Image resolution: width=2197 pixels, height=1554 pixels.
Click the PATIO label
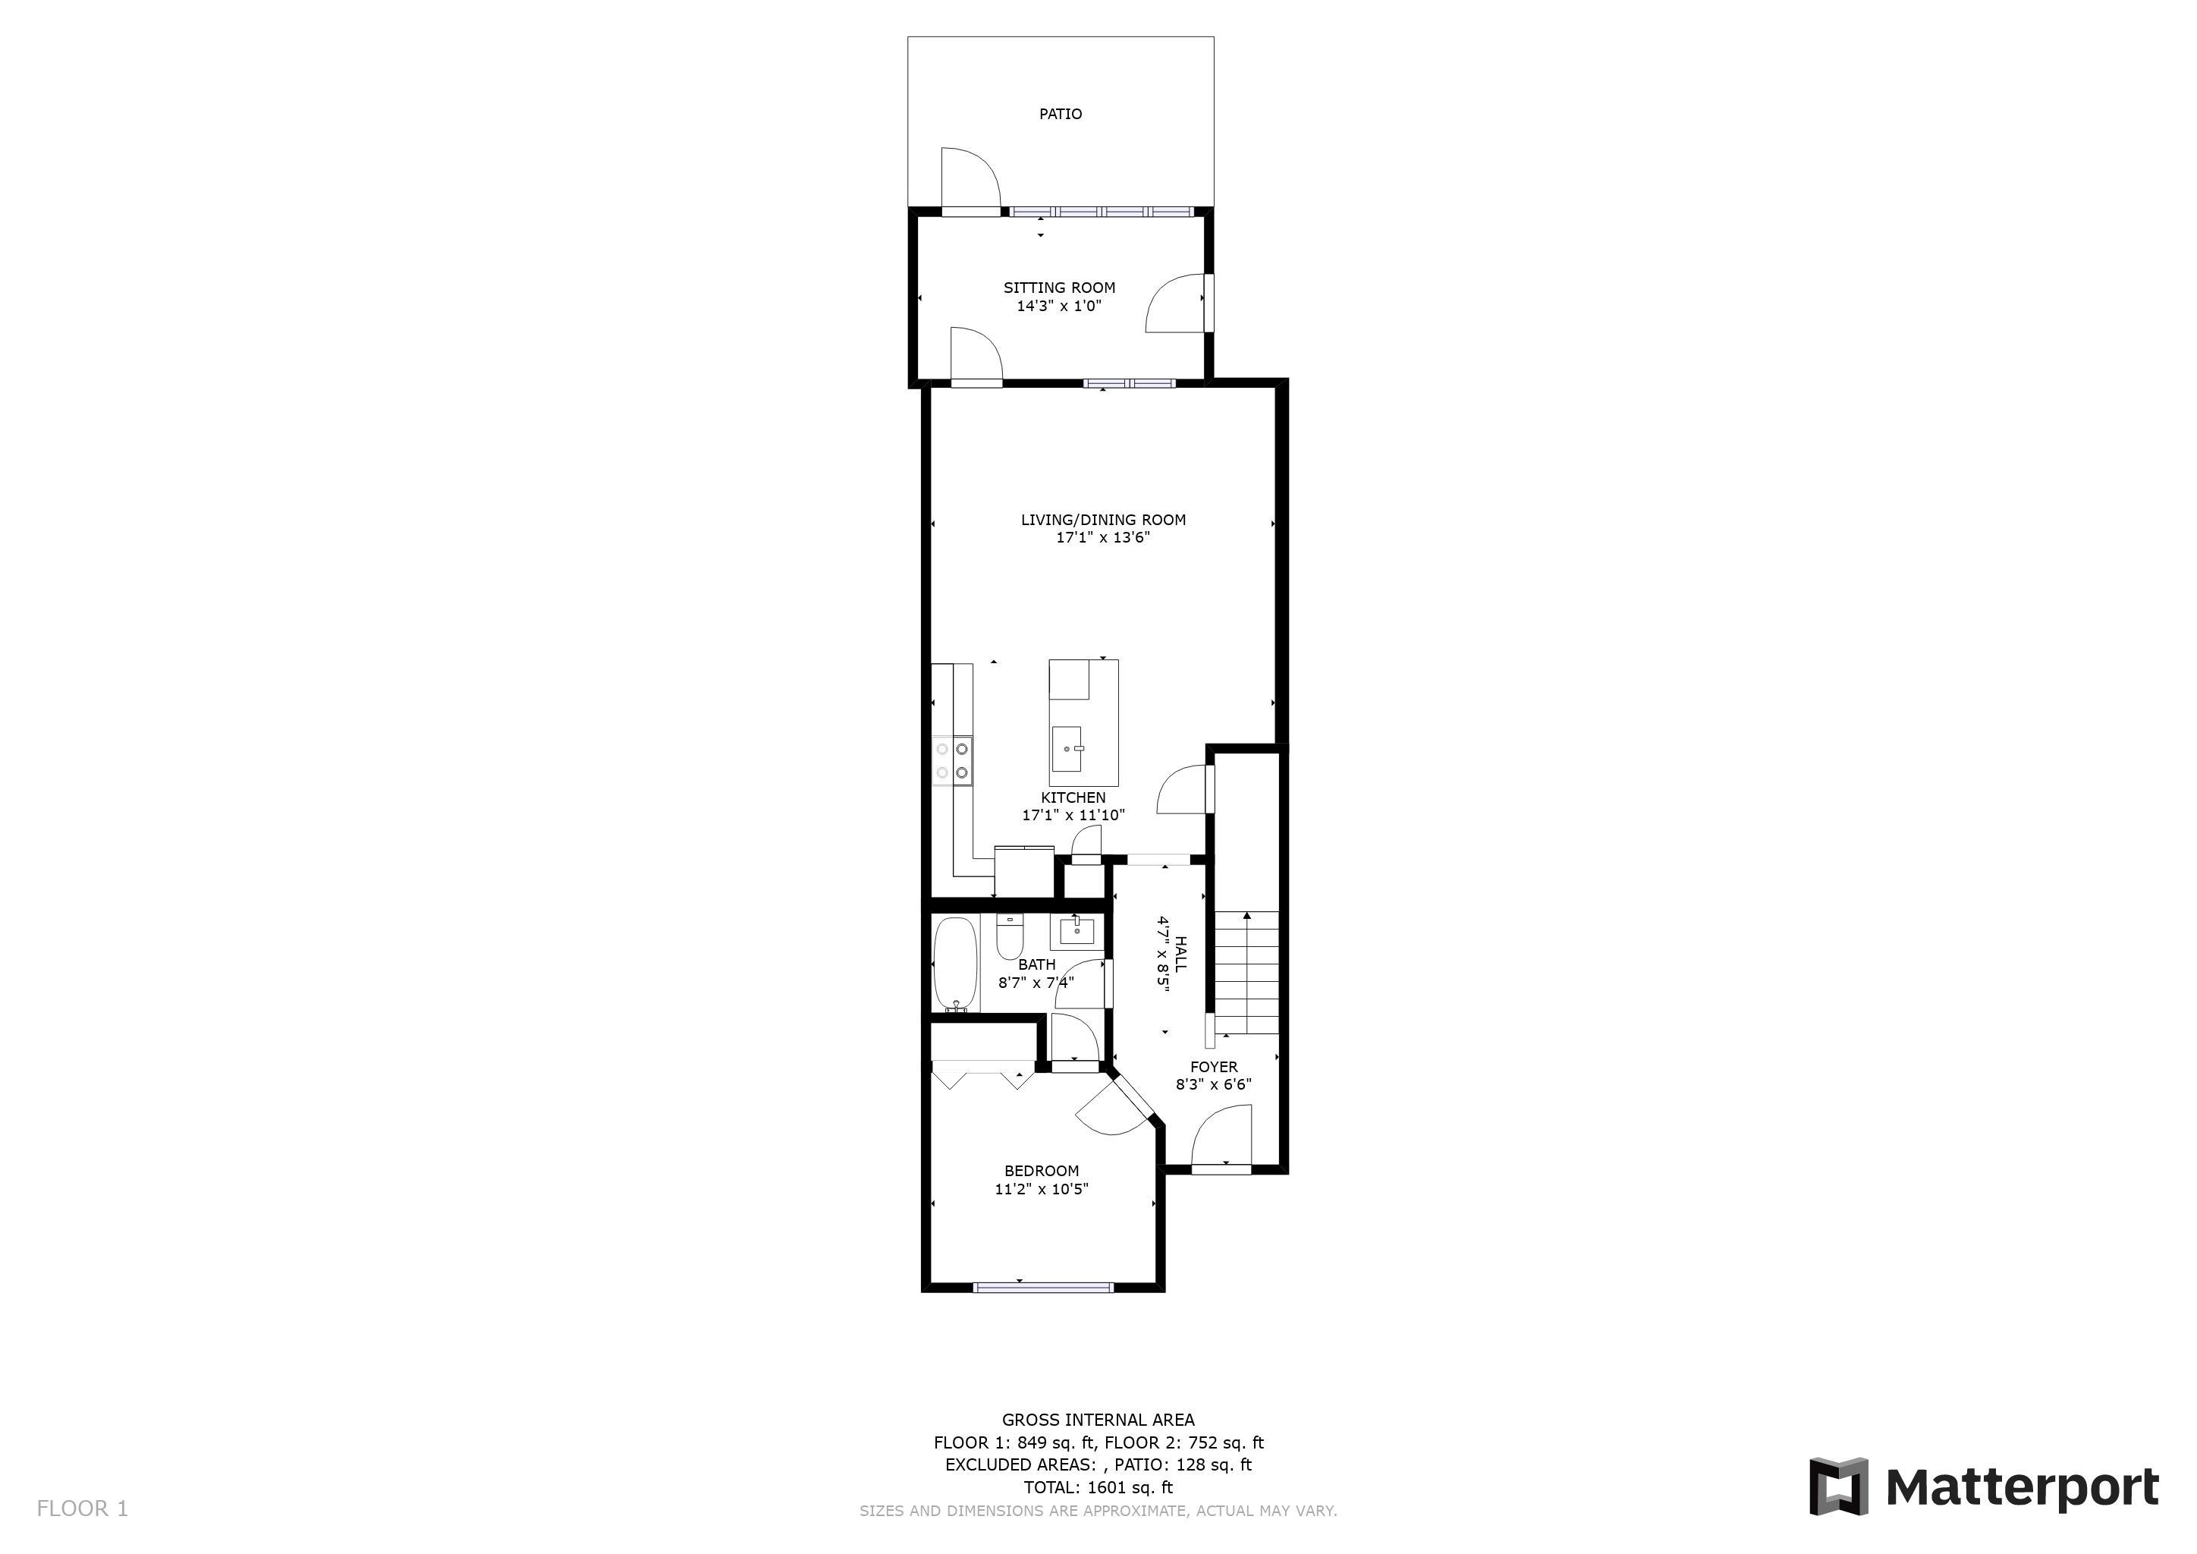[x=1061, y=114]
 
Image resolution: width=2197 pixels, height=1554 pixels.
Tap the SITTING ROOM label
[x=1059, y=287]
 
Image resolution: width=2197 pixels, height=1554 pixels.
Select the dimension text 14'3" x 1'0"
[x=1059, y=307]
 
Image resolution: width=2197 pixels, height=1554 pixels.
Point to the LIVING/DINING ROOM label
[x=1103, y=520]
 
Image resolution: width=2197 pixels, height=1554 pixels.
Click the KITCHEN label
[x=1073, y=797]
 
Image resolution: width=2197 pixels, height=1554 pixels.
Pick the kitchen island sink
[x=1068, y=749]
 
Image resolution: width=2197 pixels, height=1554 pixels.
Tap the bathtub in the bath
[x=955, y=964]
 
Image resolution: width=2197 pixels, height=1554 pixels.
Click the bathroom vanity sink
[x=1076, y=930]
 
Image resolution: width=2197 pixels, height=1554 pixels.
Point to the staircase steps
[x=1247, y=972]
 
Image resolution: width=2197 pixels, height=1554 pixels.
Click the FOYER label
[x=1213, y=1067]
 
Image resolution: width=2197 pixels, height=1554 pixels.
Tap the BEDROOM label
[x=1041, y=1170]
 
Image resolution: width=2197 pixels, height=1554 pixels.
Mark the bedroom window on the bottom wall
[x=1043, y=1287]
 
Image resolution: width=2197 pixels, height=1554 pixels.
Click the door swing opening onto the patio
[x=970, y=178]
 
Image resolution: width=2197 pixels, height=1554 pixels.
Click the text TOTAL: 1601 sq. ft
[x=1098, y=1487]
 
